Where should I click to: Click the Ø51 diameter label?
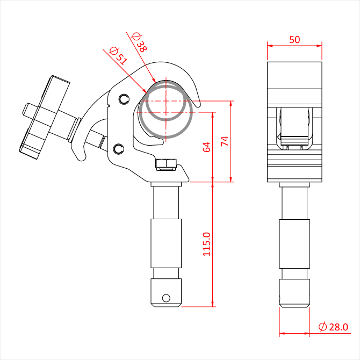[118, 56]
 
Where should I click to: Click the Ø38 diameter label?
[139, 42]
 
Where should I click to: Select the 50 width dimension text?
[294, 40]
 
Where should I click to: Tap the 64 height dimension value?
[206, 147]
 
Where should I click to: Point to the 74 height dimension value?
[225, 141]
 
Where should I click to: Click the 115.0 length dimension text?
[206, 244]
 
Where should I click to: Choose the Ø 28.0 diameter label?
[333, 327]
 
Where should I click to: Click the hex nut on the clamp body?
[166, 164]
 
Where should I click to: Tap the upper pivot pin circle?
[124, 99]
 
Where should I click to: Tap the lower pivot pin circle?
[119, 149]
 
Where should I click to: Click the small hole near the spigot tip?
[166, 298]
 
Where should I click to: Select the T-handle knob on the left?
[44, 117]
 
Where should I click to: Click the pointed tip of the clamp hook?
[198, 106]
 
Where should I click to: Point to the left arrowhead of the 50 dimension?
[270, 46]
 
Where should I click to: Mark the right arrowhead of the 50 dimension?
[319, 46]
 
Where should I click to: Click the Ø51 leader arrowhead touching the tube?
[145, 91]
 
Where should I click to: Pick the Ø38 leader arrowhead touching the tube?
[154, 80]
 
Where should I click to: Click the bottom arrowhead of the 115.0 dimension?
[213, 304]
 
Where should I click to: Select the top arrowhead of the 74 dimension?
[231, 104]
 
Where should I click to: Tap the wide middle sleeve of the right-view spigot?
[294, 244]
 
